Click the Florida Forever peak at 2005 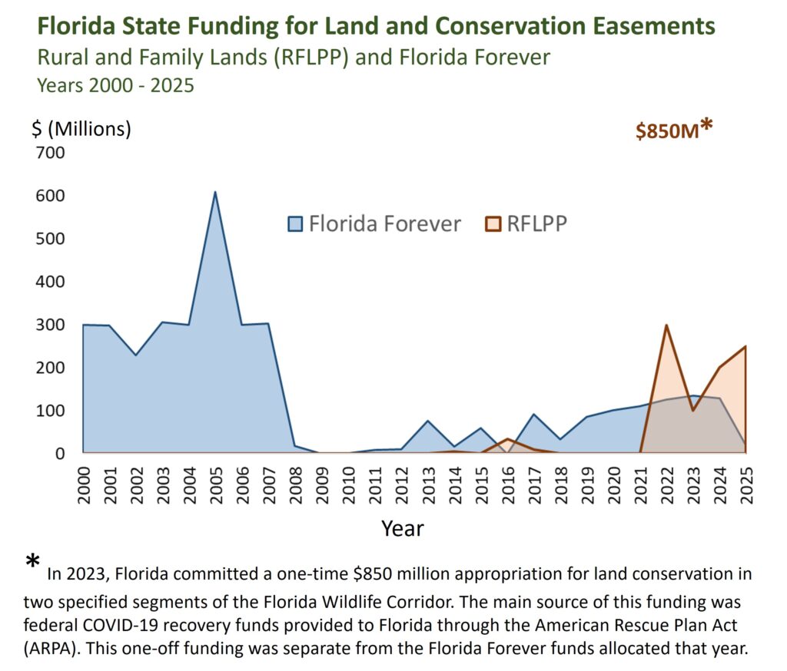(215, 192)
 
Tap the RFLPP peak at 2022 (666, 325)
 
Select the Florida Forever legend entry (374, 223)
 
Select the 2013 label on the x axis (428, 484)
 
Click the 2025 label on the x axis (746, 484)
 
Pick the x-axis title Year (403, 528)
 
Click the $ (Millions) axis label (81, 129)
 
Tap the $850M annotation (667, 131)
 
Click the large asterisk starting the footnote (32, 564)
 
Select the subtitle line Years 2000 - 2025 (116, 84)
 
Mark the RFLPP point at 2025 (745, 346)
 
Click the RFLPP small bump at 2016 (507, 439)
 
